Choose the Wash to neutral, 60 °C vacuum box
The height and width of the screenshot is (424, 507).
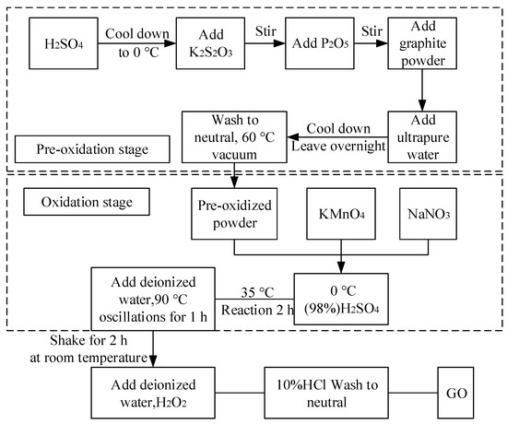(x=228, y=136)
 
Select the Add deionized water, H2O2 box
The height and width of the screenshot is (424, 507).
(x=152, y=392)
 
